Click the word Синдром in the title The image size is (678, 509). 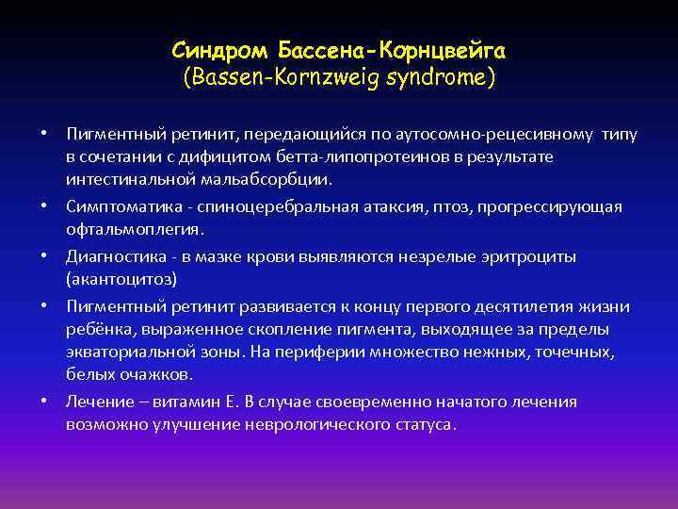(212, 48)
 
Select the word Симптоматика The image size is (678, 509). (116, 206)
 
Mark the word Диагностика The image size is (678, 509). (108, 256)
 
